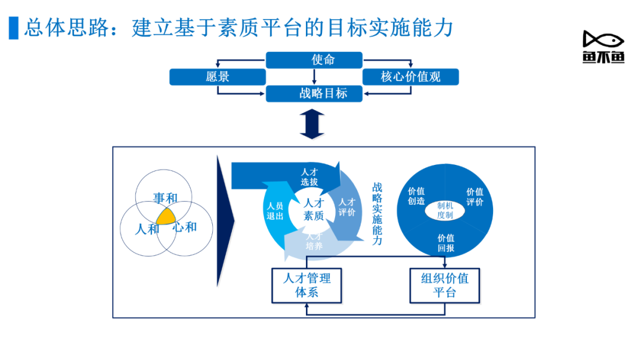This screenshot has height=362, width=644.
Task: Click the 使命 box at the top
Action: (x=314, y=60)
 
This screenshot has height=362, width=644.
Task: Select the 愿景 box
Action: (x=218, y=77)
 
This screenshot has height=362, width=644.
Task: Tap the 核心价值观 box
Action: (x=411, y=77)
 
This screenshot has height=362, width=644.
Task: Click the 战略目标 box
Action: (x=314, y=93)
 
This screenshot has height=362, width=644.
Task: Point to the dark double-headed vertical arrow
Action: (x=312, y=124)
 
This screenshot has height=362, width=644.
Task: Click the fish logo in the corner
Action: (x=603, y=46)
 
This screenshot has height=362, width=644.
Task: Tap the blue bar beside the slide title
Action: (x=14, y=28)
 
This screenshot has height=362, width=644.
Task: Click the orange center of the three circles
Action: (x=166, y=217)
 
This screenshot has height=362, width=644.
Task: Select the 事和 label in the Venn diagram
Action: (x=166, y=198)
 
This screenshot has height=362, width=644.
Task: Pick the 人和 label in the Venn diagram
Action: (x=147, y=229)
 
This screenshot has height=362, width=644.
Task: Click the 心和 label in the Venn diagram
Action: (x=184, y=227)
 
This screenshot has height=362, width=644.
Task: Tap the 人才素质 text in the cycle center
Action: (x=314, y=209)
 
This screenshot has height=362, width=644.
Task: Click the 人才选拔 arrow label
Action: (x=309, y=177)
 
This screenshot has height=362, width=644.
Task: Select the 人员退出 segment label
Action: (x=275, y=211)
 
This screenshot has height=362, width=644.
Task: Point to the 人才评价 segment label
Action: (x=347, y=207)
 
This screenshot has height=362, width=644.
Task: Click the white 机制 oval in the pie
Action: (x=445, y=210)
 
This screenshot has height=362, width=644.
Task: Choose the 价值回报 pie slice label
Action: (x=445, y=243)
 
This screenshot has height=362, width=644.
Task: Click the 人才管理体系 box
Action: (x=307, y=286)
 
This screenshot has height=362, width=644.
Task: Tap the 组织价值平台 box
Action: (x=445, y=286)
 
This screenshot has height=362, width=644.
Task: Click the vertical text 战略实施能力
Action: (x=377, y=214)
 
